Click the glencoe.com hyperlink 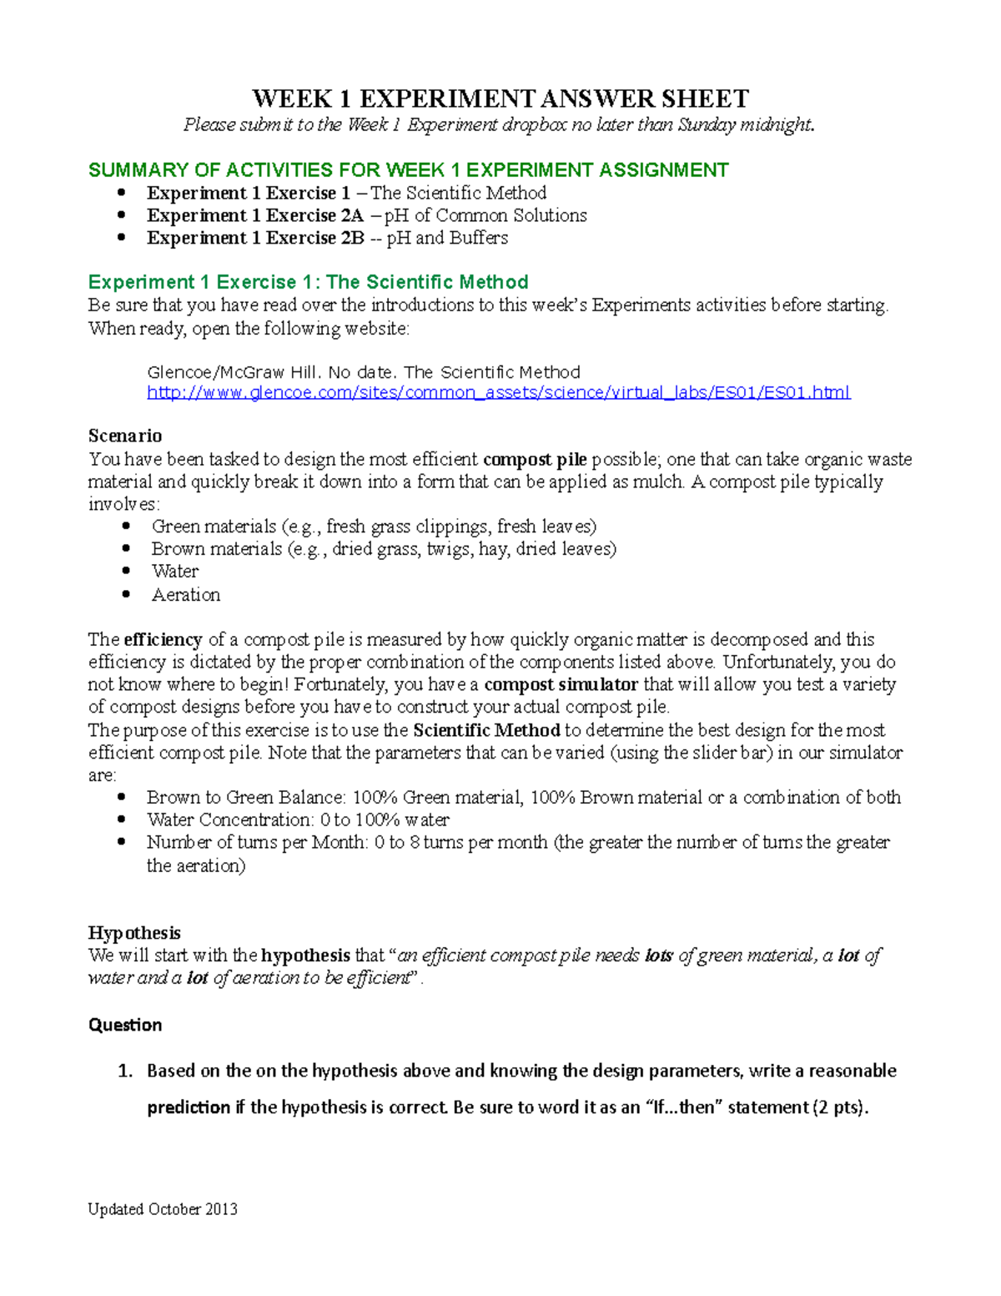pyautogui.click(x=498, y=392)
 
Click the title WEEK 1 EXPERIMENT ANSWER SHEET pyautogui.click(x=500, y=98)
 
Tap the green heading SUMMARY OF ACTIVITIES pyautogui.click(x=408, y=170)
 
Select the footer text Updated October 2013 pyautogui.click(x=163, y=1209)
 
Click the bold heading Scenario pyautogui.click(x=125, y=436)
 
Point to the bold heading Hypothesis pyautogui.click(x=134, y=932)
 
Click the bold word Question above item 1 pyautogui.click(x=125, y=1025)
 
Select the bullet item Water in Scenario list pyautogui.click(x=175, y=572)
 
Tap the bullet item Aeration pyautogui.click(x=186, y=595)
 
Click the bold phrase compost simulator pyautogui.click(x=561, y=685)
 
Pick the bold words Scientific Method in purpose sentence pyautogui.click(x=486, y=730)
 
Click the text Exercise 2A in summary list pyautogui.click(x=314, y=215)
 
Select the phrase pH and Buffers pyautogui.click(x=447, y=238)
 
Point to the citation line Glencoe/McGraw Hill pyautogui.click(x=363, y=372)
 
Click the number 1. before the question pyautogui.click(x=125, y=1071)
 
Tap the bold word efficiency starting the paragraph pyautogui.click(x=163, y=640)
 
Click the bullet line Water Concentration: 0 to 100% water pyautogui.click(x=298, y=820)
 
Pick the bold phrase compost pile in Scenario pyautogui.click(x=535, y=459)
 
